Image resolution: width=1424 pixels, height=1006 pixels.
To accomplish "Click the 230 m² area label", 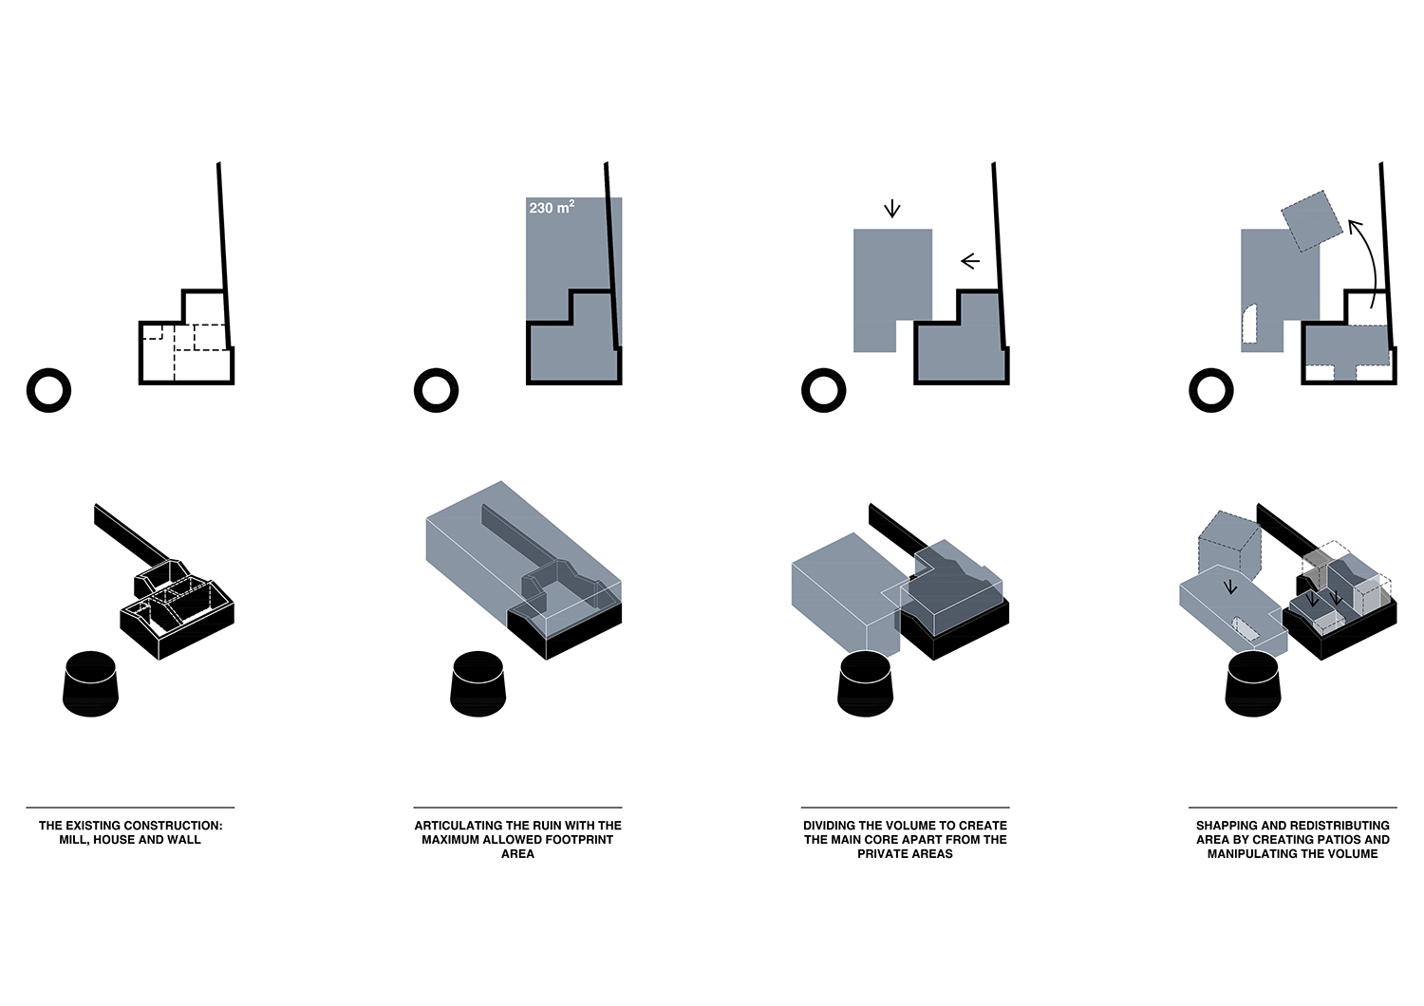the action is (552, 207).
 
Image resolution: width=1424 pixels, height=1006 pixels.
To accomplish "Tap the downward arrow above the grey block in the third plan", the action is (892, 209).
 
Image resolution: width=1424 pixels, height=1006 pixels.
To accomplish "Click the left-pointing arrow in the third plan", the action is (970, 261).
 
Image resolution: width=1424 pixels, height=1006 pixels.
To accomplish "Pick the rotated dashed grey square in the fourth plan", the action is (1311, 220).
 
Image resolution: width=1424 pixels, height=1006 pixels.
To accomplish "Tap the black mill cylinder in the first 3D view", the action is (90, 684).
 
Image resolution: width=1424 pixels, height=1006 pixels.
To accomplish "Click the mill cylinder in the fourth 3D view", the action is (1252, 684).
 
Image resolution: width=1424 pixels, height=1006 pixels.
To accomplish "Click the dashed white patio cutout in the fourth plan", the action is (1249, 325).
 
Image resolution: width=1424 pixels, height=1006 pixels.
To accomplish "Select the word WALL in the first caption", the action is (185, 840).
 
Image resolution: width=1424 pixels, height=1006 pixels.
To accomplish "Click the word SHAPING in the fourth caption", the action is (1220, 826).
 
